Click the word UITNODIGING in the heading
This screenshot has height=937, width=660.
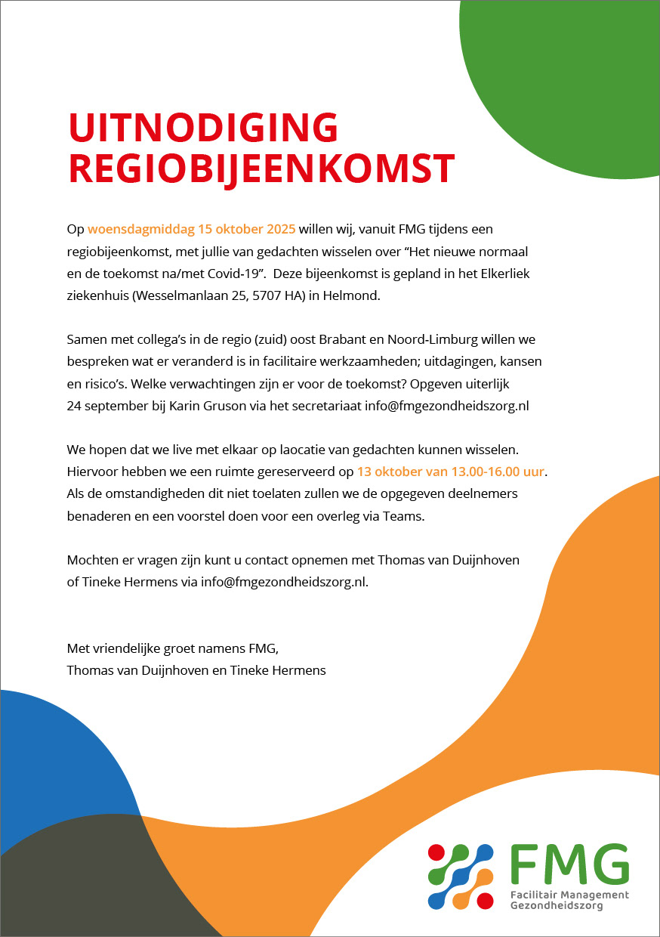[203, 127]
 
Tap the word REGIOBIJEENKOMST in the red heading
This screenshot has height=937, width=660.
[261, 169]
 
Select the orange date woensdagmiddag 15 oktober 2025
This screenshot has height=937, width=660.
[191, 228]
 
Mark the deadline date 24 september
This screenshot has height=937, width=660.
[108, 406]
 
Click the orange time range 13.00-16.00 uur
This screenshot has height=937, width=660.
[498, 472]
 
